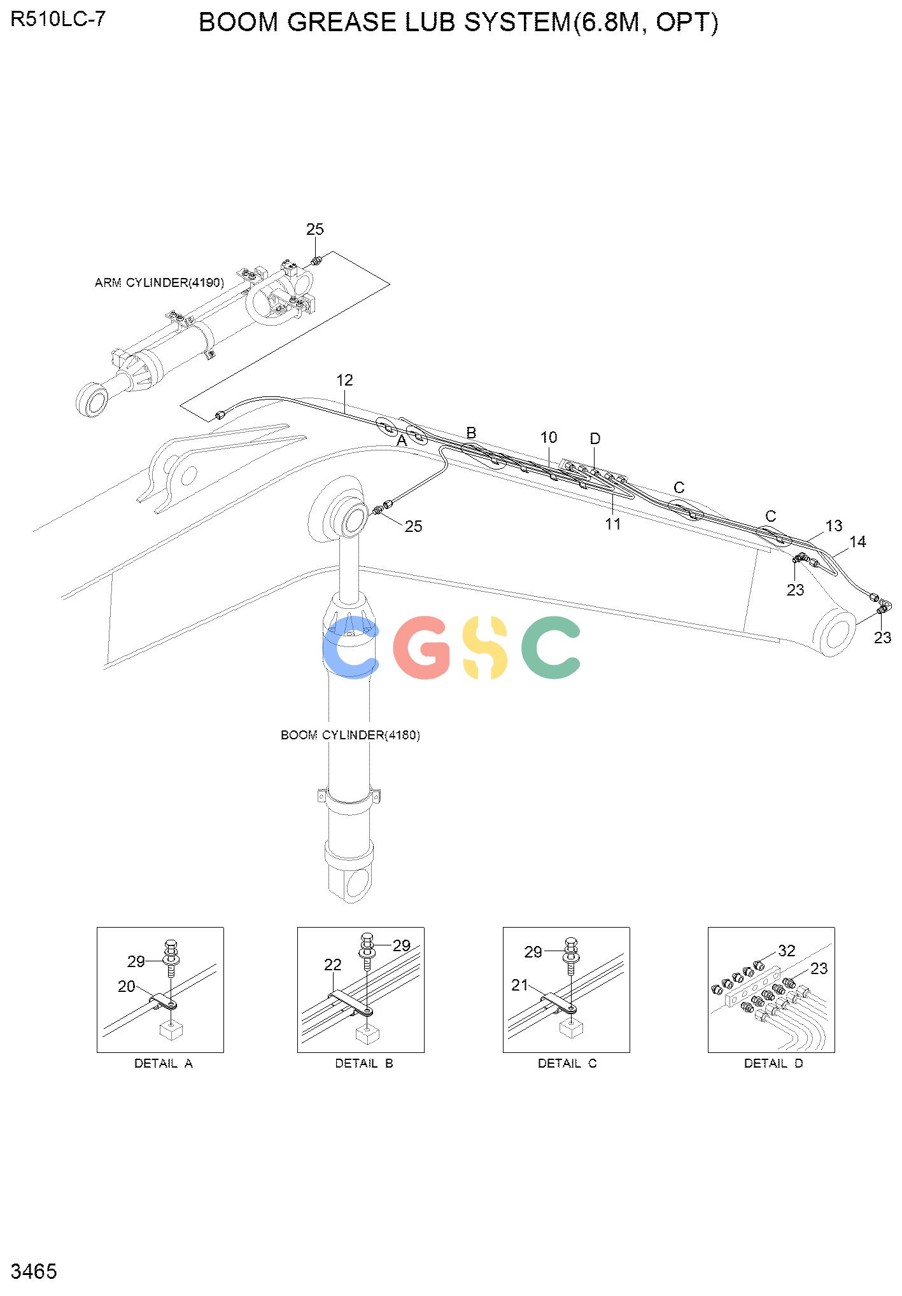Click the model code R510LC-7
[x=58, y=20]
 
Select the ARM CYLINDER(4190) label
[x=159, y=282]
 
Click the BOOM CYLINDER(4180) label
[x=350, y=735]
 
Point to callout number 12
[x=344, y=380]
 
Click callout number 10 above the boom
[x=549, y=437]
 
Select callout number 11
[x=613, y=524]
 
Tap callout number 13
[x=834, y=526]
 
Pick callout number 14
[x=858, y=541]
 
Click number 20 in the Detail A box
[x=127, y=986]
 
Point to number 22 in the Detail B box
[x=333, y=965]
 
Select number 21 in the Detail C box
[x=520, y=985]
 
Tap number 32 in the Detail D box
[x=787, y=951]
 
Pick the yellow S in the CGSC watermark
[x=485, y=647]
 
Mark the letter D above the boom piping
[x=595, y=438]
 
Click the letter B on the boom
[x=471, y=433]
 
